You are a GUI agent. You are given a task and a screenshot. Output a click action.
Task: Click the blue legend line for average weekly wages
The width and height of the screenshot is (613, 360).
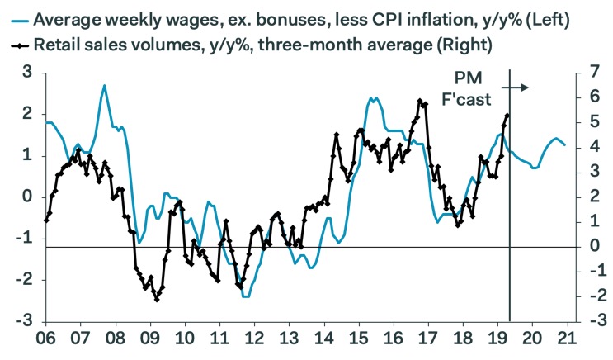[x=16, y=16]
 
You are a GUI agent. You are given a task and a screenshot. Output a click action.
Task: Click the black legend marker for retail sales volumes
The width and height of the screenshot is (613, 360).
[x=16, y=43]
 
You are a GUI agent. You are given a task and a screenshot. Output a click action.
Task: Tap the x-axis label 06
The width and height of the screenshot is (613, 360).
[x=45, y=338]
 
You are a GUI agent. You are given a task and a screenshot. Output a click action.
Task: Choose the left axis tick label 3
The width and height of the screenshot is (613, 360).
[x=27, y=73]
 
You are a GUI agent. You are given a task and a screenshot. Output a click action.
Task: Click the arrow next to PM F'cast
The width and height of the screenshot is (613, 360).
[x=516, y=86]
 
